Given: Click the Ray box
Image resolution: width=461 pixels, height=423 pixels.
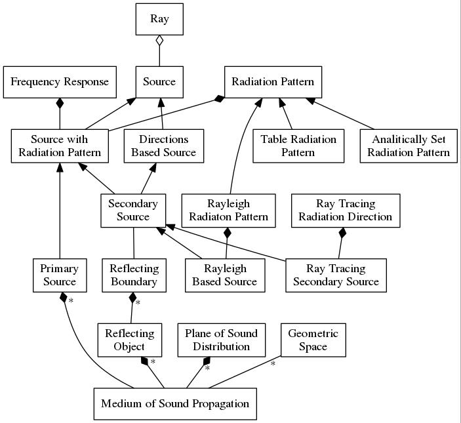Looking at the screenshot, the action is point(159,19).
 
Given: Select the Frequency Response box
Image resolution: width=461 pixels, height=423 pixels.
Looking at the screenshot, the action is point(60,82).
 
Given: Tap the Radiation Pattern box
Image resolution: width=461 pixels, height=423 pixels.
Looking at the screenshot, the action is point(273,82).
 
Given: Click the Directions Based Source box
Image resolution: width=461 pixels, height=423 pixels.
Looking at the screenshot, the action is point(164,146).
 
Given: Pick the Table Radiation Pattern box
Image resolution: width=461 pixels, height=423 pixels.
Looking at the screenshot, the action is point(298,146).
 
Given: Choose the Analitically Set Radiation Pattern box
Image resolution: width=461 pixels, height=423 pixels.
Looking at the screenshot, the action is point(409,146).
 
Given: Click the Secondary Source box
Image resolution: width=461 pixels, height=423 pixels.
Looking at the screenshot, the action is point(133,211).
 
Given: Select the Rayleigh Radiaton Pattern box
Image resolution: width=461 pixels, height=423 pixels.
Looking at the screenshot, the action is point(228,211).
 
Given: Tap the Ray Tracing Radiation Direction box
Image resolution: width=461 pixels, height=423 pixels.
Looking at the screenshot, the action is point(346,211).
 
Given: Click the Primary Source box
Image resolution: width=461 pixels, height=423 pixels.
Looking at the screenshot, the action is point(60,275).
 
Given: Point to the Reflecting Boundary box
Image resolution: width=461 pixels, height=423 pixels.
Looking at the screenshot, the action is point(134,275).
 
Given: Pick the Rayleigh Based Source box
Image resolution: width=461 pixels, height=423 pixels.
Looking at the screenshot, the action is point(225,275).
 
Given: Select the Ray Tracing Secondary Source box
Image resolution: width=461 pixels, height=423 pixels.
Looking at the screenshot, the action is point(336,275).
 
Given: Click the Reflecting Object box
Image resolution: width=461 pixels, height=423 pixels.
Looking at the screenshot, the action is point(130,340).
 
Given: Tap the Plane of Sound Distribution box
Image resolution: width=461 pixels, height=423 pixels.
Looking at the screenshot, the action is point(222,340).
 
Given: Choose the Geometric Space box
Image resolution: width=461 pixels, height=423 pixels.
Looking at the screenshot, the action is point(313,340).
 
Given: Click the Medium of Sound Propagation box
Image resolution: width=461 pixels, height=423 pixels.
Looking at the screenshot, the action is point(175,404).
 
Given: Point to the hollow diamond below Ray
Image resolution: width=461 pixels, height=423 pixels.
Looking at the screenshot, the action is point(159,41).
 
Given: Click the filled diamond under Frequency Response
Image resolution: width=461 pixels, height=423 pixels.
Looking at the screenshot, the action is point(60,104).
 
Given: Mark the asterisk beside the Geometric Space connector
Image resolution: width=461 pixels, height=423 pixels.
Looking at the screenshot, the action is point(273,364).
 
